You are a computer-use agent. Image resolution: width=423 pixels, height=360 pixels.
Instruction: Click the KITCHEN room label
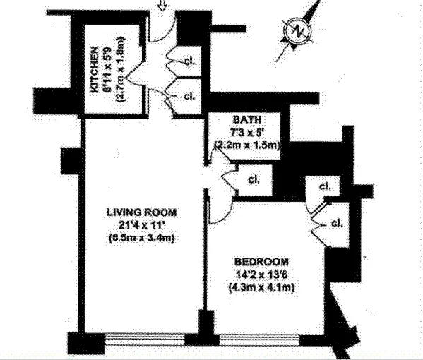click(x=95, y=70)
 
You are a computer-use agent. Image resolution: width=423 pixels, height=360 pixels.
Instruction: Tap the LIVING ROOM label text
click(x=142, y=212)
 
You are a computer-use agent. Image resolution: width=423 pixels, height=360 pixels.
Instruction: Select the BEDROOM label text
click(x=261, y=262)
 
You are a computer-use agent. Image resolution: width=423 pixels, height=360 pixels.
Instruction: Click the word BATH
click(x=247, y=119)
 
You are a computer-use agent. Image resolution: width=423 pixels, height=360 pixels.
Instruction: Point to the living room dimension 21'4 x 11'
click(x=143, y=225)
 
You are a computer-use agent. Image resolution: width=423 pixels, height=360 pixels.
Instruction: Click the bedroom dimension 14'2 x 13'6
click(x=261, y=275)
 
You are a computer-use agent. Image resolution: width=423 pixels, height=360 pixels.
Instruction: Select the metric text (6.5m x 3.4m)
click(x=142, y=238)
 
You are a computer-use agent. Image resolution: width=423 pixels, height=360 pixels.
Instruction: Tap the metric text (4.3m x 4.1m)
click(x=261, y=287)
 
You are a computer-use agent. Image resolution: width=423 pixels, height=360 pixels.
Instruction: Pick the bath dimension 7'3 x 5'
click(x=247, y=133)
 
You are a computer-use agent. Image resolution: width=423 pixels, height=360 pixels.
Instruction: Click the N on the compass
click(x=299, y=31)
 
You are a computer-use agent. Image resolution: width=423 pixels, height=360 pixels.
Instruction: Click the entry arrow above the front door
click(x=162, y=6)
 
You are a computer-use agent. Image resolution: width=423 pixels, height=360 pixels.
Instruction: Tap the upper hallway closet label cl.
click(x=190, y=61)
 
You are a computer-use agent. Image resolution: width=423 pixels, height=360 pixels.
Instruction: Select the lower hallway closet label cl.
click(x=189, y=96)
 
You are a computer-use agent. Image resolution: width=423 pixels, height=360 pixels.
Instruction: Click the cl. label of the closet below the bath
click(x=254, y=179)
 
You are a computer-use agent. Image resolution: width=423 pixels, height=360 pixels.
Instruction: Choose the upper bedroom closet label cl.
click(x=325, y=186)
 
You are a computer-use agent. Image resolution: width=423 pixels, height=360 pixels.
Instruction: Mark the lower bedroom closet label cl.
click(x=337, y=223)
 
